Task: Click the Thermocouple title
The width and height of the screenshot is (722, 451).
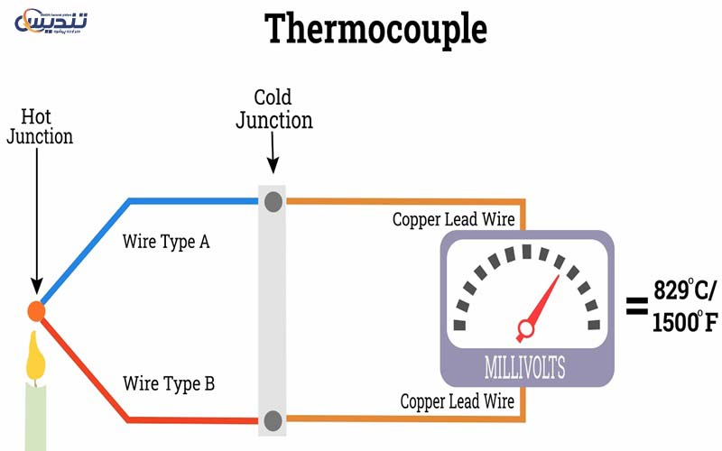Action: [x=375, y=29]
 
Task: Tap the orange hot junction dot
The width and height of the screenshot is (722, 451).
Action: [x=36, y=311]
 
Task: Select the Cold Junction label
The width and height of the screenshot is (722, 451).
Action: [x=274, y=108]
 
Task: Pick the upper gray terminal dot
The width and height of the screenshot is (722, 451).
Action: [x=273, y=201]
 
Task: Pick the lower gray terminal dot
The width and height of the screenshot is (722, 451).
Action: [x=273, y=419]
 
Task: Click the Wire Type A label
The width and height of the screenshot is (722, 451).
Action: [x=166, y=242]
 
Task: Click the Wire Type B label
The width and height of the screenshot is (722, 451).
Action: [x=169, y=384]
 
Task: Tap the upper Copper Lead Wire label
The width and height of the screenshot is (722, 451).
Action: [x=453, y=219]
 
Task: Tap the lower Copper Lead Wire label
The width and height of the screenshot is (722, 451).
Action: [x=458, y=401]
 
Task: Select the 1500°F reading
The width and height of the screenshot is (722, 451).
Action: [x=685, y=319]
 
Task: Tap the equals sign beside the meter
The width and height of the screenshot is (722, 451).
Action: [x=637, y=306]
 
